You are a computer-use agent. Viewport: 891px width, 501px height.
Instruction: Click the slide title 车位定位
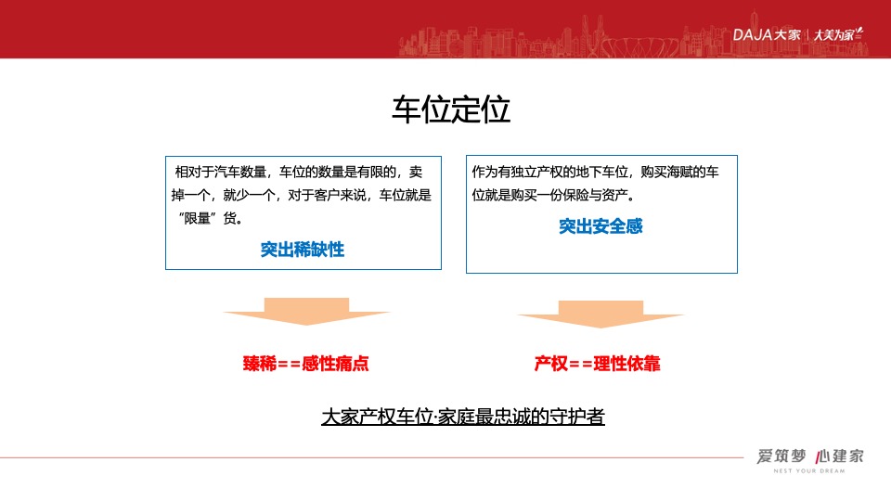click(450, 109)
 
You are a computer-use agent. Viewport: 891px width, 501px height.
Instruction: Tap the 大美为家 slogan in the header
click(837, 34)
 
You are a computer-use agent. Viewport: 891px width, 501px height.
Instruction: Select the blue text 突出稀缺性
click(303, 250)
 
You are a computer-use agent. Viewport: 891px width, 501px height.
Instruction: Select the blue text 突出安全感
click(600, 225)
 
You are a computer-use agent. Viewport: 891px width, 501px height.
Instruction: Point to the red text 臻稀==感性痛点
click(306, 364)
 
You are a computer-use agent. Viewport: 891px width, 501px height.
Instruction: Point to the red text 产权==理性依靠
click(598, 364)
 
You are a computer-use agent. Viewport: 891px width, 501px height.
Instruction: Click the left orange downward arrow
click(306, 312)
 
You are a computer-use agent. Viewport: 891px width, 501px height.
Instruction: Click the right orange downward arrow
click(600, 315)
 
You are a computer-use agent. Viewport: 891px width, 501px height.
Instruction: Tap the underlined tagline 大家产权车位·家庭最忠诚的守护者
click(463, 417)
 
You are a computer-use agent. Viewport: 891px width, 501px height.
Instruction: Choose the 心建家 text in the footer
click(840, 456)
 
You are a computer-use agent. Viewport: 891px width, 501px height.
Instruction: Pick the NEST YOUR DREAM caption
click(809, 470)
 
